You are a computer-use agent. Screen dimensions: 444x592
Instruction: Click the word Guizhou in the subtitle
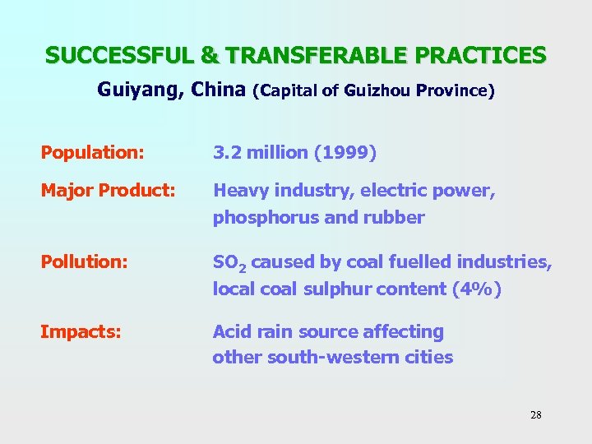378,90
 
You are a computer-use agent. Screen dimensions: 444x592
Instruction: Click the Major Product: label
108,191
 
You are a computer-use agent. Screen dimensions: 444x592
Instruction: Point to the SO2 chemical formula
229,263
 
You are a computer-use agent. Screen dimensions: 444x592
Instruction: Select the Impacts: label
81,332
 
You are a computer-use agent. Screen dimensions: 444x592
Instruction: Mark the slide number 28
536,414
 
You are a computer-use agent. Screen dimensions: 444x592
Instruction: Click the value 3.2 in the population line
227,153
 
